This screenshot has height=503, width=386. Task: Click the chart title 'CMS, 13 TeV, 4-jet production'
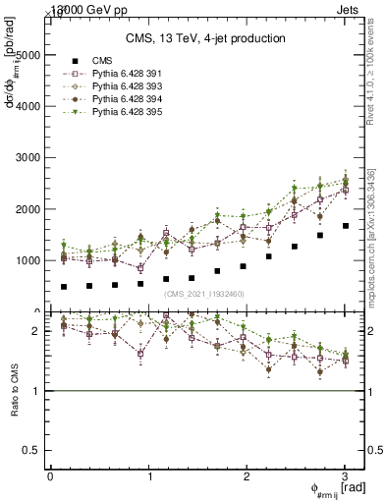205,38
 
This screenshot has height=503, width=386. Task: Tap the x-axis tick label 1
149,475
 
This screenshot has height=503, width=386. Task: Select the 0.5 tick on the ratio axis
32,450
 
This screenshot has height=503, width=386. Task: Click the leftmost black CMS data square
64,287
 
